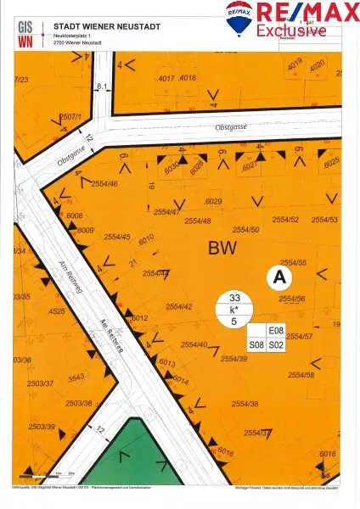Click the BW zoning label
tap(223, 248)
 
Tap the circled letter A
tap(278, 277)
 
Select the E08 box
tap(275, 332)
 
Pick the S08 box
tap(256, 345)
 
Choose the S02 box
tap(275, 345)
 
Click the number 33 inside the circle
tap(234, 298)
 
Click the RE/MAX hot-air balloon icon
tap(238, 16)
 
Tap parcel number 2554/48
tap(196, 221)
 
